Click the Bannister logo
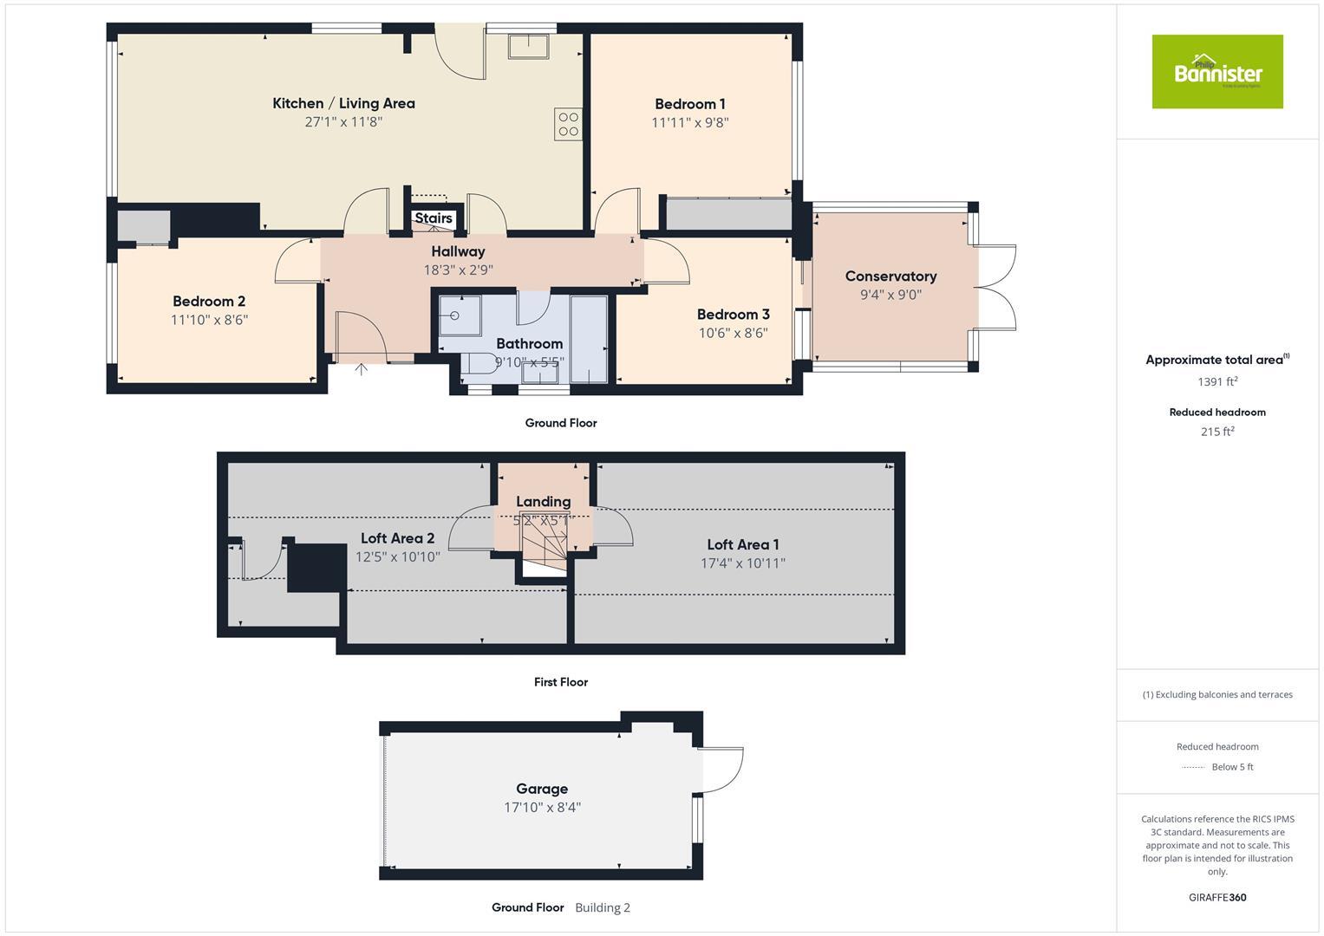point(1216,72)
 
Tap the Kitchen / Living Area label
point(343,103)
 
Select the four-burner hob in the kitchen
point(568,124)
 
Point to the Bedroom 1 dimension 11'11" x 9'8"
point(689,123)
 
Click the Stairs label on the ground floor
point(433,218)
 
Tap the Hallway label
point(458,251)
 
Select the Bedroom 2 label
point(209,302)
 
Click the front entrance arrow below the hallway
point(361,370)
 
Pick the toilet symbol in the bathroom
point(476,364)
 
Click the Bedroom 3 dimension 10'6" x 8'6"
point(733,333)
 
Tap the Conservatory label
point(890,276)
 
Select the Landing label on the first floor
point(543,502)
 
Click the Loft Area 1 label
point(742,545)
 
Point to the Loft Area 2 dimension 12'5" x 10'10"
point(397,557)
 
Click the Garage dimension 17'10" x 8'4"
point(542,808)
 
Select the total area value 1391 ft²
point(1216,382)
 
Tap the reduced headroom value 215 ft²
point(1216,432)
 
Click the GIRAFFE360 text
point(1216,898)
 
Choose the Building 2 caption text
point(602,908)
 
